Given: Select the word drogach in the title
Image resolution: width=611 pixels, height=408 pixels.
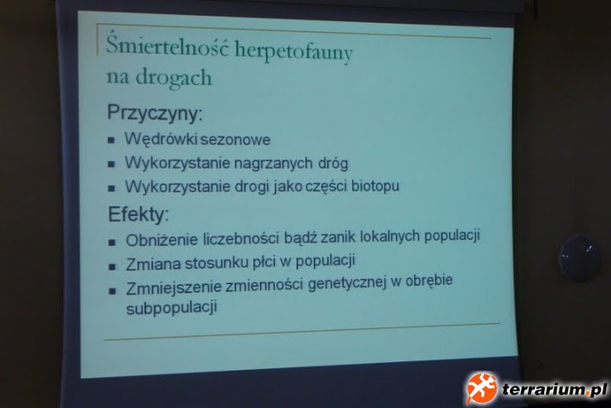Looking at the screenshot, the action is tap(174, 78).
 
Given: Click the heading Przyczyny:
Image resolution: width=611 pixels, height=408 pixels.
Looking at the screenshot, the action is tap(154, 114).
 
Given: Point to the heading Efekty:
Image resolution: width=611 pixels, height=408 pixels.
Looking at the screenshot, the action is tap(138, 215).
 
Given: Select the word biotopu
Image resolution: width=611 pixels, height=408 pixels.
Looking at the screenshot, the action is tap(375, 186).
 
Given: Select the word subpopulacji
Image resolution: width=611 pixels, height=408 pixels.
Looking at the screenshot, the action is tap(171, 308).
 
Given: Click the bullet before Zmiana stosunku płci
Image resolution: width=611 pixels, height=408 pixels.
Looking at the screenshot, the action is tap(112, 266).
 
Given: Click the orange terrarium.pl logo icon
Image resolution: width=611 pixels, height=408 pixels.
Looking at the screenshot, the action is tap(481, 388).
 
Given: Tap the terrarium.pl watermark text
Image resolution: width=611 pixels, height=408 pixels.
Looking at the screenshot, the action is tap(554, 389).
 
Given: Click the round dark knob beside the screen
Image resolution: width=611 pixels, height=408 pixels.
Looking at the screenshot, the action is tap(579, 260).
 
